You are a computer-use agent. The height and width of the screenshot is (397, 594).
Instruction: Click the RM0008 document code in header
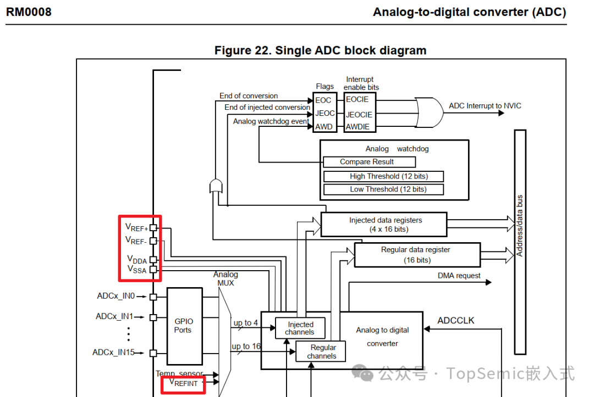click(29, 12)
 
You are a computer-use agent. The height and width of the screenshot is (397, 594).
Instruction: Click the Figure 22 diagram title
click(320, 51)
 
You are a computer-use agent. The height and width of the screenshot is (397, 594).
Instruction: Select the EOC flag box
click(323, 100)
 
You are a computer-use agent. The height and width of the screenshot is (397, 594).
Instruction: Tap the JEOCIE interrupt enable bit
click(359, 115)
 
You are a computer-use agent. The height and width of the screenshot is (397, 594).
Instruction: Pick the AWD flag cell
click(323, 127)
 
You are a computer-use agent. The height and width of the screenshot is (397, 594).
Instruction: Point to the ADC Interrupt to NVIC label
click(485, 106)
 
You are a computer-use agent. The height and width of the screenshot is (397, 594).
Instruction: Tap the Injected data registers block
click(384, 224)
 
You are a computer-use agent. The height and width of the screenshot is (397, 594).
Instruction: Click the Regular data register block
click(417, 255)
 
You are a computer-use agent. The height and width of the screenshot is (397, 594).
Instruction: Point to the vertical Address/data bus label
click(520, 226)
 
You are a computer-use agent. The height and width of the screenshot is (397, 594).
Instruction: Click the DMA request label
click(459, 276)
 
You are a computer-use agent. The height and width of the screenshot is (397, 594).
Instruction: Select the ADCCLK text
click(455, 320)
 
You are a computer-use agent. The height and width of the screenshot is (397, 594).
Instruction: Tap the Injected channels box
click(300, 328)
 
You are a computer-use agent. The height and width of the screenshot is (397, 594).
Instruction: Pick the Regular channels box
click(322, 351)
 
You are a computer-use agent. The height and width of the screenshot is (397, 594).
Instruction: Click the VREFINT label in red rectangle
click(183, 383)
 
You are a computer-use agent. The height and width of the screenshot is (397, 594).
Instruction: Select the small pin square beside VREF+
click(153, 227)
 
